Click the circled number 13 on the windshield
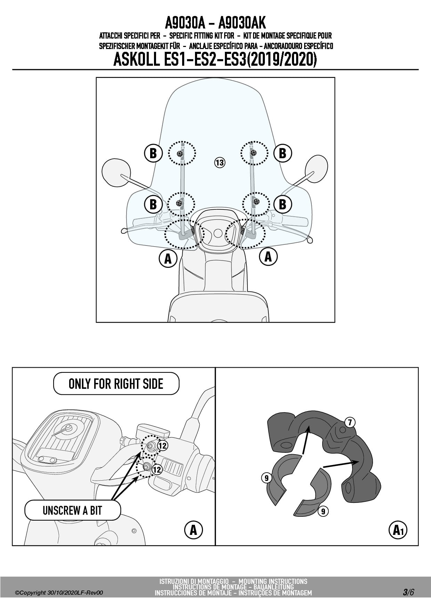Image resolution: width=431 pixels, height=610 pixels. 220,162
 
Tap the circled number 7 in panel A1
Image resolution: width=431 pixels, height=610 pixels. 350,423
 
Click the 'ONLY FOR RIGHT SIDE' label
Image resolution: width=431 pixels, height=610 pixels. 116,384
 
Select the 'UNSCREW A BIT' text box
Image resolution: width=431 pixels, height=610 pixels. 72,510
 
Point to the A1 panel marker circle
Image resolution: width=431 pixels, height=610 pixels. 398,530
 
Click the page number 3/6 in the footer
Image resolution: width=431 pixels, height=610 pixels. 408,592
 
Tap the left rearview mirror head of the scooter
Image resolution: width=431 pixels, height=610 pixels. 116,172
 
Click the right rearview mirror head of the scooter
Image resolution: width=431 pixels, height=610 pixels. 316,169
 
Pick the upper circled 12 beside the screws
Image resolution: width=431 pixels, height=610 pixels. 163,445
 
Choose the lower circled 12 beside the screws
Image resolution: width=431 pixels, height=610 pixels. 157,469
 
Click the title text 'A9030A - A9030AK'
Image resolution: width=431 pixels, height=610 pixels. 215,23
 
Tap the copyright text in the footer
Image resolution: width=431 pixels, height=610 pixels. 59,593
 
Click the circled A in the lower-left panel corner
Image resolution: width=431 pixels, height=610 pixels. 193,530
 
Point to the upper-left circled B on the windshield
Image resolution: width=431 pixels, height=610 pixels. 153,153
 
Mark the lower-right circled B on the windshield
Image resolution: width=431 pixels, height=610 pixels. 283,204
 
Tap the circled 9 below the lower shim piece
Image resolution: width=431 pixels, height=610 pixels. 323,511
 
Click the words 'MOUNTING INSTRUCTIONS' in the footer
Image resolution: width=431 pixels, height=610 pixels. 273,581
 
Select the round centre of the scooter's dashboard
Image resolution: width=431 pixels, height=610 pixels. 218,233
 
